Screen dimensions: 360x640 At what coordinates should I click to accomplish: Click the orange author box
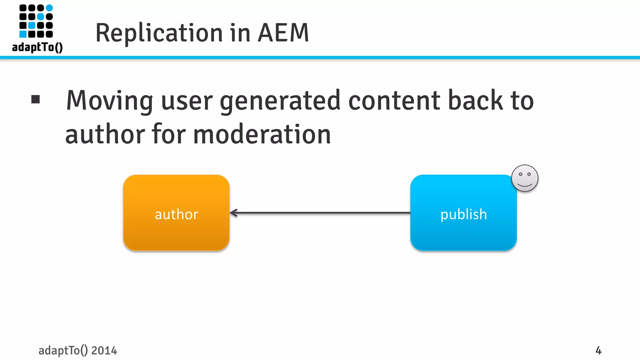point(176,212)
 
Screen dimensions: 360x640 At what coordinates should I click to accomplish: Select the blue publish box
point(463,212)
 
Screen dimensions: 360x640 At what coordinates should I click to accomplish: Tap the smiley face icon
point(525,178)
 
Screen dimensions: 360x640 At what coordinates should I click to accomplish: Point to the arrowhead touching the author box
point(233,213)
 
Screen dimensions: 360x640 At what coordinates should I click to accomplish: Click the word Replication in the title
point(159,33)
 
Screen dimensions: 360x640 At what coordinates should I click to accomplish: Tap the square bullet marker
point(36,99)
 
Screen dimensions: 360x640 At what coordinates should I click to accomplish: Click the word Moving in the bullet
point(109,101)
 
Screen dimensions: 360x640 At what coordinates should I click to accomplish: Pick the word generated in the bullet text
point(280,101)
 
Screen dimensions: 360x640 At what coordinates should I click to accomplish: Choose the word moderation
point(262,134)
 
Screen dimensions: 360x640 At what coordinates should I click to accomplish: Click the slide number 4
point(598,350)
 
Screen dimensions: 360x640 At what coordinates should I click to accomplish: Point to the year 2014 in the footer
point(104,351)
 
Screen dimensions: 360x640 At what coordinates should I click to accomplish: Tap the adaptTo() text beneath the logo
point(37,47)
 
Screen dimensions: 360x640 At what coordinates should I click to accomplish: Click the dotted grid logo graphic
point(36,21)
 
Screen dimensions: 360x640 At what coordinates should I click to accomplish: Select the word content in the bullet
point(394,101)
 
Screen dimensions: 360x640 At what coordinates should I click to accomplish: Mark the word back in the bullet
point(475,101)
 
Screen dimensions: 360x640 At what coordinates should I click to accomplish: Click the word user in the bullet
point(187,101)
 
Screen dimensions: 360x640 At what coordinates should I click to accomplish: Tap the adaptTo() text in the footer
point(63,351)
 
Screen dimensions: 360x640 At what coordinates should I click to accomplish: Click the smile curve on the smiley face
point(525,185)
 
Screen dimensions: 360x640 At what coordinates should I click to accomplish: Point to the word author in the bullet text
point(105,134)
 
